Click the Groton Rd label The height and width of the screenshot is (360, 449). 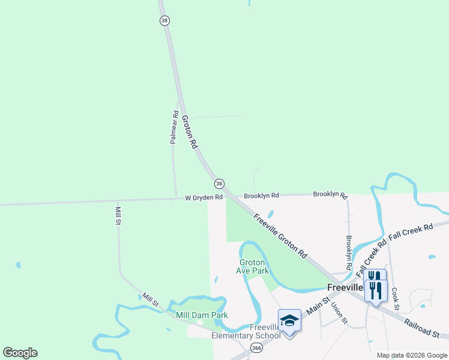[x=189, y=132]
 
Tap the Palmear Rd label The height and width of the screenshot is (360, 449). [x=173, y=127]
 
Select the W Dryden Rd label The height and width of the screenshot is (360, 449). [x=203, y=197]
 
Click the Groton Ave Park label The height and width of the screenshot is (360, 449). [x=253, y=266]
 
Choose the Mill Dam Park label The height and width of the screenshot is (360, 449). [x=202, y=315]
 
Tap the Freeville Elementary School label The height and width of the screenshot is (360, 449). [x=246, y=331]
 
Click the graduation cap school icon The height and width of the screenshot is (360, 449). [x=289, y=320]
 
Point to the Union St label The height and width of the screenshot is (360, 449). [x=339, y=312]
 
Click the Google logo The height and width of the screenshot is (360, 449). [x=20, y=353]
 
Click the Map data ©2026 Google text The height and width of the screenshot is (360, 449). [x=411, y=355]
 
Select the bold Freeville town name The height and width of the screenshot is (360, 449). [x=345, y=287]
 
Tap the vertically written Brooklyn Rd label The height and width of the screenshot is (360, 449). [x=349, y=252]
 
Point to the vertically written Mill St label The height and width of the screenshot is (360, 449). [x=118, y=215]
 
